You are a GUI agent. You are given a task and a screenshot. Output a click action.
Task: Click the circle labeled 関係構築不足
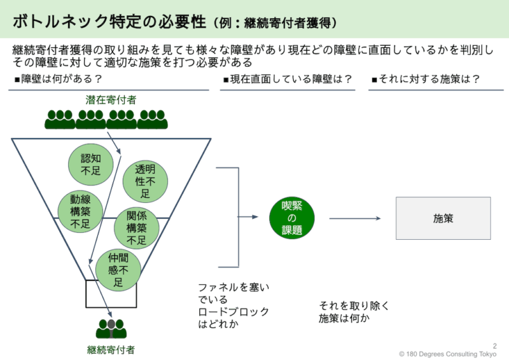136,227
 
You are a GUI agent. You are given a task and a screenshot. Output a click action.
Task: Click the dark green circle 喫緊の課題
292,218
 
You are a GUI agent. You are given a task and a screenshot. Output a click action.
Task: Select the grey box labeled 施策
443,218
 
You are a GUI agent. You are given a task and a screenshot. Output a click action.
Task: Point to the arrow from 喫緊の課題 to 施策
354,218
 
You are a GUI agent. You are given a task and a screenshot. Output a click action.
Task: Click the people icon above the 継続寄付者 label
111,328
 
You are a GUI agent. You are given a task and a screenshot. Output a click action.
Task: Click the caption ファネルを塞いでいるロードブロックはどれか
234,305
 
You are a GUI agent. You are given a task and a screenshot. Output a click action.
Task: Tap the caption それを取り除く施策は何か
354,312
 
